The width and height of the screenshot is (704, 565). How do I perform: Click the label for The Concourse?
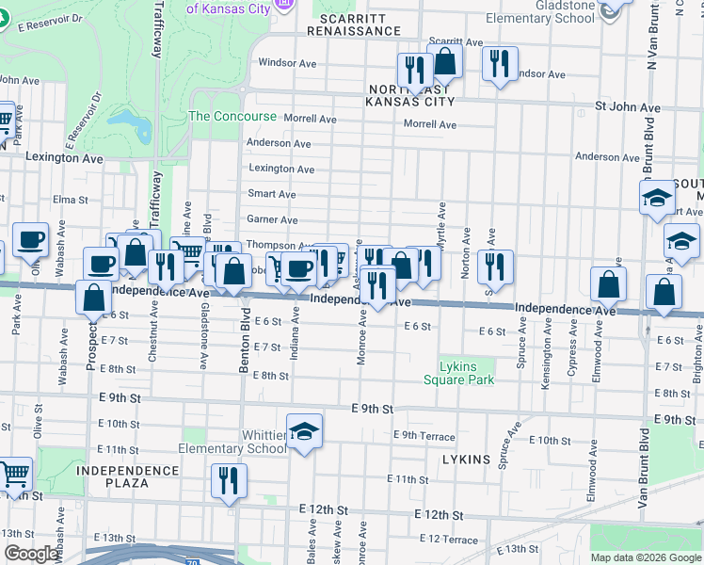232,117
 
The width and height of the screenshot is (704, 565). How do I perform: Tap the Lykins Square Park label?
458,373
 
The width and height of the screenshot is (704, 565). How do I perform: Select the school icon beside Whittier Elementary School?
304,431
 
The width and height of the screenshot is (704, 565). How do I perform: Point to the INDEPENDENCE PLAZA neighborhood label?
127,476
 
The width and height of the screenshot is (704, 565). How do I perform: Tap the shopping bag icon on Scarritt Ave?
445,63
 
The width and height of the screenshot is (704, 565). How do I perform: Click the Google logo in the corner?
31,554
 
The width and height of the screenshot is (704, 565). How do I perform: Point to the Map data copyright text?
646,557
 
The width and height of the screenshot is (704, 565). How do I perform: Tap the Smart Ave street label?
271,194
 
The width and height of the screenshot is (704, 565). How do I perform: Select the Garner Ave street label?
271,219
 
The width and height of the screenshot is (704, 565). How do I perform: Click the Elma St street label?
70,200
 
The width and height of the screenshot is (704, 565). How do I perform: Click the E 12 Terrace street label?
449,539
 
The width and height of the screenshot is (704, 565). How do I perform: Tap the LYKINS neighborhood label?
466,460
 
